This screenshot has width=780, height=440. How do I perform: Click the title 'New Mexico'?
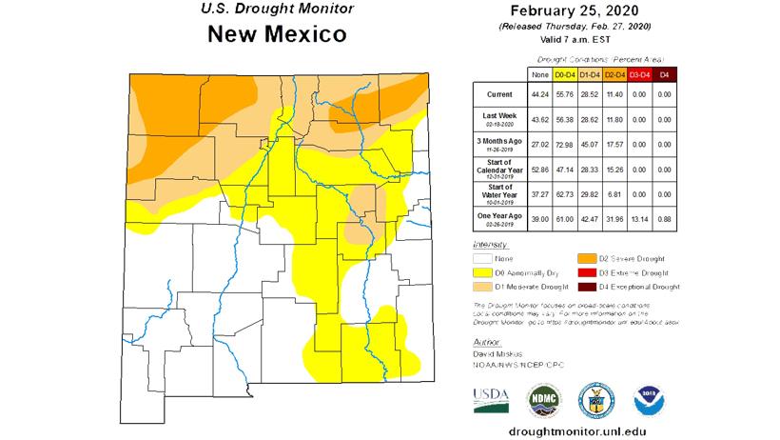[276, 36]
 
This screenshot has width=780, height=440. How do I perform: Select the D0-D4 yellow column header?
[565, 73]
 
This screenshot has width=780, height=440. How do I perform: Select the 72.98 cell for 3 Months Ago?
[565, 144]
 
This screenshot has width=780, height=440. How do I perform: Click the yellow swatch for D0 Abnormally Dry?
[483, 272]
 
